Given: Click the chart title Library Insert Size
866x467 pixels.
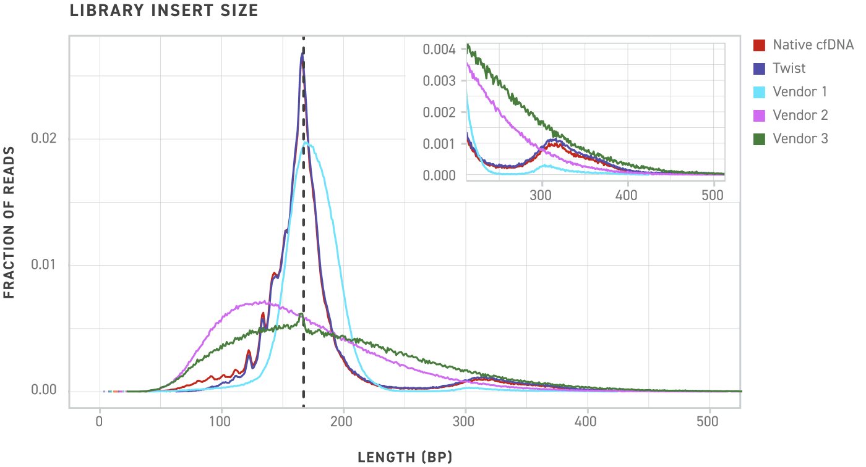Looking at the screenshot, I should [x=164, y=11].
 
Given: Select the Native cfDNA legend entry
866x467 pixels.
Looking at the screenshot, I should [x=812, y=45].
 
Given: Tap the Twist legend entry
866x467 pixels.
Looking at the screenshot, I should [x=789, y=68].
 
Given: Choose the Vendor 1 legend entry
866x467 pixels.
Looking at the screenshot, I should [x=799, y=91].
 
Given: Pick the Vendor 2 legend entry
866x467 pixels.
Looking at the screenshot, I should [x=800, y=115].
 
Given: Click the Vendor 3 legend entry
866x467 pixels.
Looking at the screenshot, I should [x=800, y=138].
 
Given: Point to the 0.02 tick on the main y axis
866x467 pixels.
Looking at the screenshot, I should [x=43, y=139].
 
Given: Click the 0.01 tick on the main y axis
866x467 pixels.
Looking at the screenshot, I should [x=43, y=265].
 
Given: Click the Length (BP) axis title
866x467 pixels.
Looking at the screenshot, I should [x=405, y=457].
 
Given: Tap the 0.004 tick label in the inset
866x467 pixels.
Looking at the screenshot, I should [x=440, y=49].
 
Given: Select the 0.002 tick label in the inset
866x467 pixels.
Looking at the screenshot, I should [x=440, y=112].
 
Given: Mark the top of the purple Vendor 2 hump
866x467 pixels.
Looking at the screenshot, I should [x=263, y=302].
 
